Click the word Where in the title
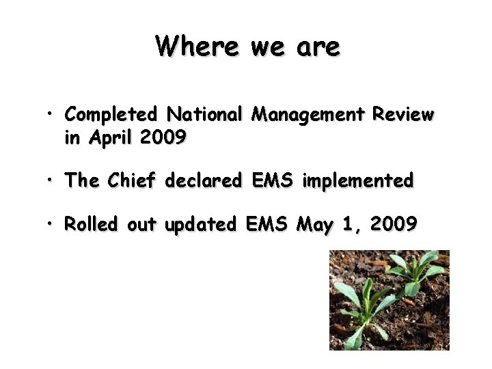point(197,46)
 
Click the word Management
point(308,114)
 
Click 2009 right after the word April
point(162,137)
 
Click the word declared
point(204,181)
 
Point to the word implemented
point(358,181)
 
